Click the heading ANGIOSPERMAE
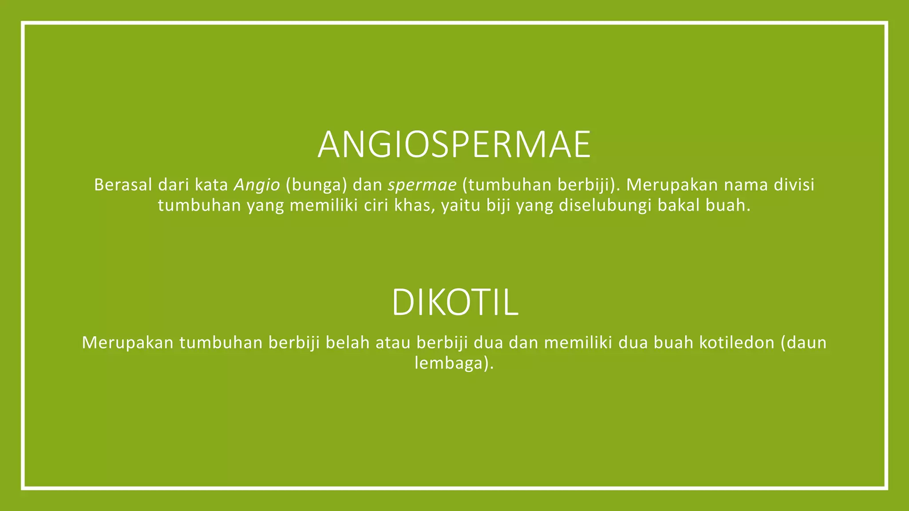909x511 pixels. click(x=454, y=145)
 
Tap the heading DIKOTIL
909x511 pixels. click(x=454, y=303)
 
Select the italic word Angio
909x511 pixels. click(x=257, y=185)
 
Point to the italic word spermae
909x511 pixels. click(x=422, y=185)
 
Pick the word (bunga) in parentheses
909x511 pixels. click(x=316, y=185)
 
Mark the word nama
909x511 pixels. click(x=746, y=185)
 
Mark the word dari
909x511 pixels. click(x=174, y=185)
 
